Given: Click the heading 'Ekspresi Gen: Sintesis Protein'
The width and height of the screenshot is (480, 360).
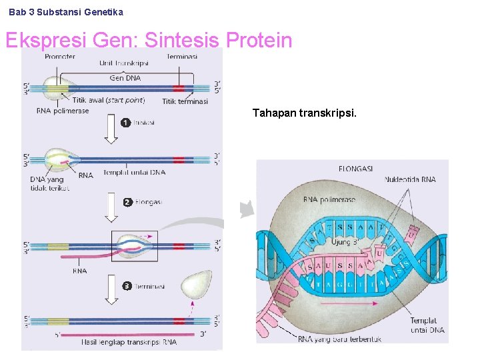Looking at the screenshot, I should tap(149, 41).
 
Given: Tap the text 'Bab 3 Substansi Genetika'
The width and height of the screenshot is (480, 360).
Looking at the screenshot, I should tap(66, 12).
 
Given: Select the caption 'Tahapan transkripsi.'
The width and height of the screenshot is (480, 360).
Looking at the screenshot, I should tap(305, 113).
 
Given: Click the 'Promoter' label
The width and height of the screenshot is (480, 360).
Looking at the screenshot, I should tap(60, 57).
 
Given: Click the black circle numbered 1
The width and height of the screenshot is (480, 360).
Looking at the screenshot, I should tap(125, 123).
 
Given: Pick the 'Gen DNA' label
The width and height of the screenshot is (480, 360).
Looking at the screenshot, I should tap(125, 78).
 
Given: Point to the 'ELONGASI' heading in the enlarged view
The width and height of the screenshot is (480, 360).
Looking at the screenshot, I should tap(355, 168).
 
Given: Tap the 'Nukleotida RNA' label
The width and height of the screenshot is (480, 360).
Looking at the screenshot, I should tap(410, 179).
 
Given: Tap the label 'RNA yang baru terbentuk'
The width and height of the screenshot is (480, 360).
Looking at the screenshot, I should tap(339, 339).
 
